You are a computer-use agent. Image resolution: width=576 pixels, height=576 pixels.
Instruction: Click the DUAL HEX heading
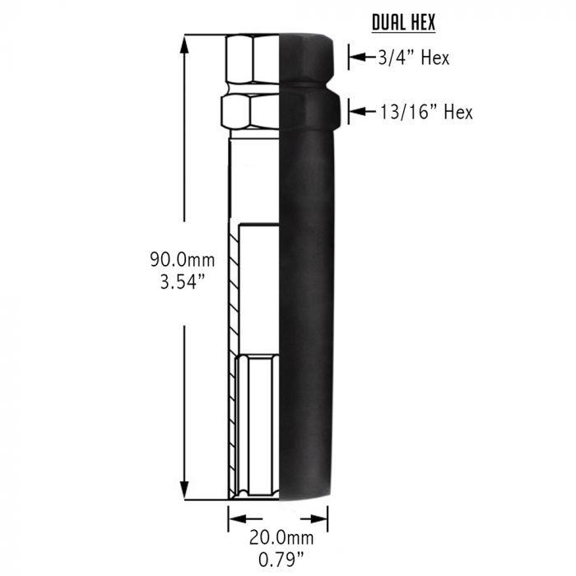coord(402,22)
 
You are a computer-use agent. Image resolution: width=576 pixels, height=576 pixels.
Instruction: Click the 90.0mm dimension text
coord(182,260)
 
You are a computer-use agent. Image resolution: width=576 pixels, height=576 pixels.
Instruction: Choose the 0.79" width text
coord(278,561)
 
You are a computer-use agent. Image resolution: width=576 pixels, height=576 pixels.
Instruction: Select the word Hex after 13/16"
coord(458,112)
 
